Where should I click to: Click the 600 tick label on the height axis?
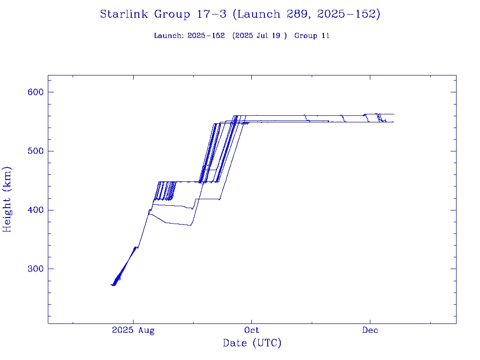click(36, 92)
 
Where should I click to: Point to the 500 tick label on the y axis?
click(36, 151)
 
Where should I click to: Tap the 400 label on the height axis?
click(36, 210)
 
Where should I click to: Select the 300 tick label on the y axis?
click(36, 269)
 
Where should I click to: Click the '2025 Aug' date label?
click(133, 330)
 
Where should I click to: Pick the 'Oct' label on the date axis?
click(252, 330)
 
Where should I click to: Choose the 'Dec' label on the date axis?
click(370, 330)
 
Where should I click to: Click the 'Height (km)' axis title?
click(7, 199)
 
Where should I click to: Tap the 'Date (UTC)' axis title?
click(252, 343)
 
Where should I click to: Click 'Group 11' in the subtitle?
click(312, 36)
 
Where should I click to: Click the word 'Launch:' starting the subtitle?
click(169, 36)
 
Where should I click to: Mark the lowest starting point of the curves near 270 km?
click(112, 285)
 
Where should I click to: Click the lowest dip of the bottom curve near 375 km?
click(190, 225)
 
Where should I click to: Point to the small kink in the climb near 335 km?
click(136, 247)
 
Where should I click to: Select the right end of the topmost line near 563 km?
click(394, 114)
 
